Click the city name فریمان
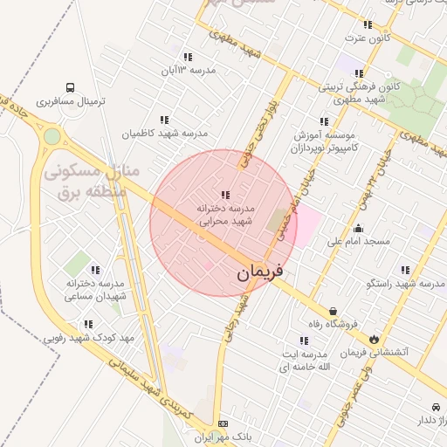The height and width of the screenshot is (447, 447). [260, 272]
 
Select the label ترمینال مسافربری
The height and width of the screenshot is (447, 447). [71, 102]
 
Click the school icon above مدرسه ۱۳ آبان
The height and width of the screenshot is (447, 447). [188, 57]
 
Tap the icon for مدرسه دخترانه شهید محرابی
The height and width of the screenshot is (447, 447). [226, 196]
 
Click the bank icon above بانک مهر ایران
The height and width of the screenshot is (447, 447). [223, 423]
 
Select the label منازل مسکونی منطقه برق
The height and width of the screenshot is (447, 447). [90, 181]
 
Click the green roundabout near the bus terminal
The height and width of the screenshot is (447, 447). [53, 136]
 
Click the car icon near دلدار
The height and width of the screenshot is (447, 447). [436, 408]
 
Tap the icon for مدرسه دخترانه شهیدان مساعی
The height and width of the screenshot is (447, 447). [95, 271]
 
